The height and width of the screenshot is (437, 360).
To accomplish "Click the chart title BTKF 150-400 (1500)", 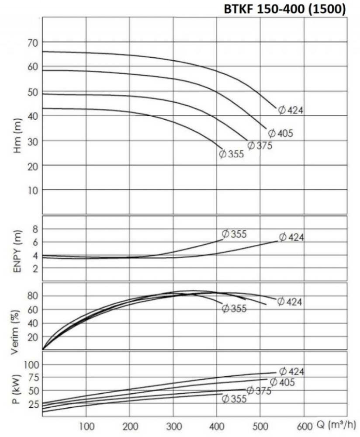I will (x=285, y=9).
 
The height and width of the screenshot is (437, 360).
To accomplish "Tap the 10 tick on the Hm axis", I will (x=33, y=190).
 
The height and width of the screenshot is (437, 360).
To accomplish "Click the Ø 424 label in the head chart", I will (x=291, y=110).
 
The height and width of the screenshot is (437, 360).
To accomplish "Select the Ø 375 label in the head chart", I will (x=260, y=146).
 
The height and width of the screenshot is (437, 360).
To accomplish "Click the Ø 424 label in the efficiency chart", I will (x=290, y=302).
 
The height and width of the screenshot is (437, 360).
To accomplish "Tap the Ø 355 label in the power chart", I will (x=234, y=399).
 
